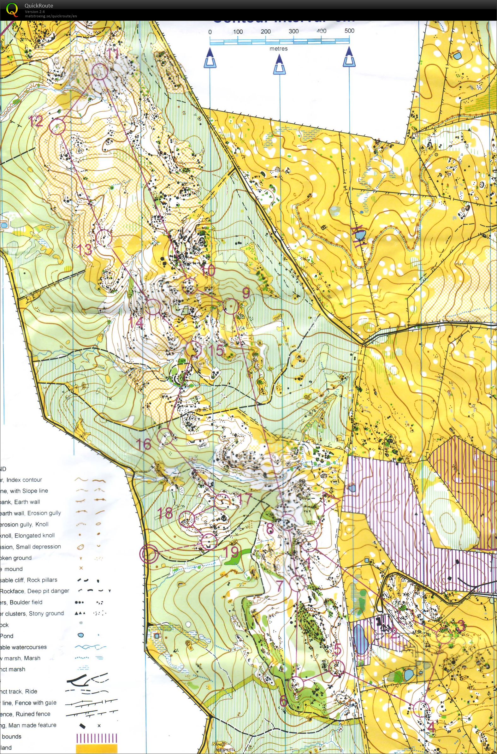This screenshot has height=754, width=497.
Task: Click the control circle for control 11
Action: pos(100,71)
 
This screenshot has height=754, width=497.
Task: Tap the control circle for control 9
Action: pos(231,306)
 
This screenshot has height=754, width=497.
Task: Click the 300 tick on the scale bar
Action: pos(293,31)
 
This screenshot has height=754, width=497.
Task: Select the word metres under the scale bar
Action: pos(279,49)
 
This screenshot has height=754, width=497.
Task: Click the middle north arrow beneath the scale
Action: pos(279,65)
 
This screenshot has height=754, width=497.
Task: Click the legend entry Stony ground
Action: pos(47,613)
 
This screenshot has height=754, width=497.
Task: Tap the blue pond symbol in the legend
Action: pos(81,635)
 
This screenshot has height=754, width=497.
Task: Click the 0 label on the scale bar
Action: pos(210,32)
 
